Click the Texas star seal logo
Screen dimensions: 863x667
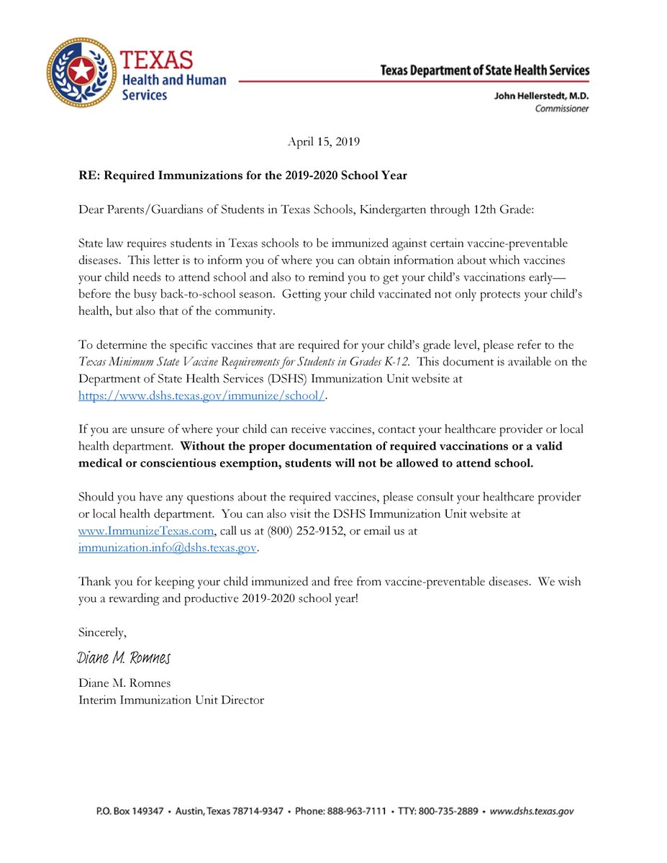81,72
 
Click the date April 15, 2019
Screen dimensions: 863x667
323,142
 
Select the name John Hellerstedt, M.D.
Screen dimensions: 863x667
541,96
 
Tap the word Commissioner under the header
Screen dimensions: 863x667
561,109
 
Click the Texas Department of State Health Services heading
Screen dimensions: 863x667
484,70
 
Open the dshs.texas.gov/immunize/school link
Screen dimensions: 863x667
201,395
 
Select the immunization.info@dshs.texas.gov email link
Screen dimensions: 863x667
167,547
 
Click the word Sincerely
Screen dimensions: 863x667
102,632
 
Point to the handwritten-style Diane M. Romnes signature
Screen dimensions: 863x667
123,658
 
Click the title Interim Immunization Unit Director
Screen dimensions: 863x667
171,699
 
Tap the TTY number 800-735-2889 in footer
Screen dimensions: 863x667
452,811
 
